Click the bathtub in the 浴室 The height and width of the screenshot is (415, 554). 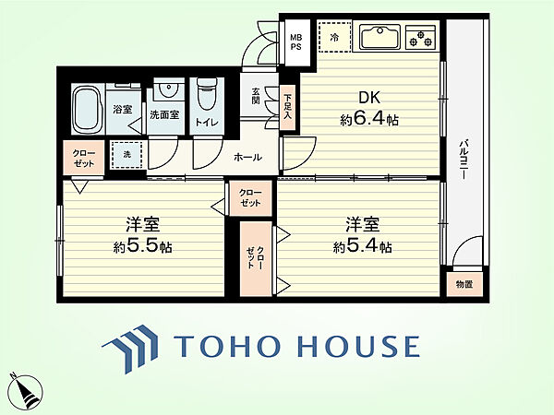pyautogui.click(x=87, y=109)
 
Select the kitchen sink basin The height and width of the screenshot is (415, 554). pyautogui.click(x=380, y=36)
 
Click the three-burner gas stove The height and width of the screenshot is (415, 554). pyautogui.click(x=420, y=37)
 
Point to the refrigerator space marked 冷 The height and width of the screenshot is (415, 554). pyautogui.click(x=334, y=37)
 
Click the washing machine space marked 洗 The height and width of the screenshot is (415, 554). pyautogui.click(x=127, y=155)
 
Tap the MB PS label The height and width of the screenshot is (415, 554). pyautogui.click(x=295, y=41)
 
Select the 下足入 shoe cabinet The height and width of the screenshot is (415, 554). pyautogui.click(x=287, y=107)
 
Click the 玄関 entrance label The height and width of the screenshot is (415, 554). pyautogui.click(x=256, y=96)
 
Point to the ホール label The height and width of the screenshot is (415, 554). pyautogui.click(x=247, y=157)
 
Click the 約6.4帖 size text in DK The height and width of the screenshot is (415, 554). pyautogui.click(x=369, y=120)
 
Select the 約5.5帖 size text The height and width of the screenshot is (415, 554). pyautogui.click(x=142, y=247)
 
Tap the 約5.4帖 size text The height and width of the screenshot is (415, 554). pyautogui.click(x=362, y=247)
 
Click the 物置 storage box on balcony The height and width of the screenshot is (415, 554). pyautogui.click(x=464, y=284)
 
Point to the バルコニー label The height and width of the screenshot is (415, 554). pyautogui.click(x=464, y=160)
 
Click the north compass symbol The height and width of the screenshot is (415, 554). pyautogui.click(x=25, y=391)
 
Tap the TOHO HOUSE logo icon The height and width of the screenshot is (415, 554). pyautogui.click(x=130, y=349)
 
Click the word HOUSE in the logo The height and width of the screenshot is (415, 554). pyautogui.click(x=358, y=347)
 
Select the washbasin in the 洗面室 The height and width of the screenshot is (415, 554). pyautogui.click(x=168, y=90)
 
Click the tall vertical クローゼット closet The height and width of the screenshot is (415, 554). pyautogui.click(x=256, y=258)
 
